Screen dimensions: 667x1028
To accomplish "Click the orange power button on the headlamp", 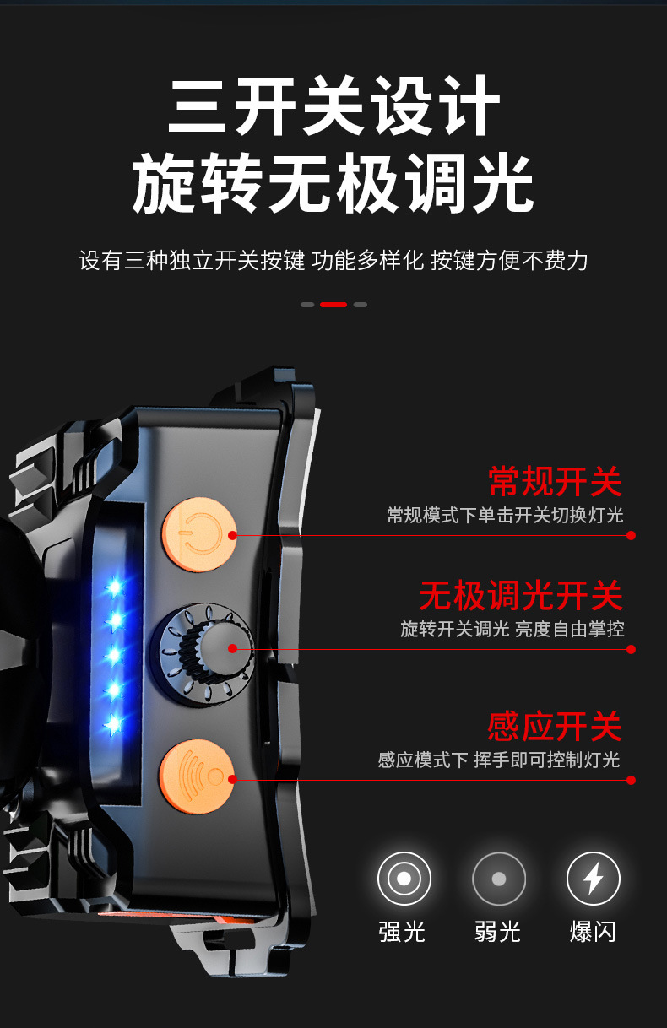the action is point(199,534).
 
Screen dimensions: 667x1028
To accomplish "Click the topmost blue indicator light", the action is point(114,586).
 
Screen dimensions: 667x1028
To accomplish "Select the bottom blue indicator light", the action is point(113,725).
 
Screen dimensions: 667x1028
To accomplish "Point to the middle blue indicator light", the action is point(113,655).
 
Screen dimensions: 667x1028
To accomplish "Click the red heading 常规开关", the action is point(555,481).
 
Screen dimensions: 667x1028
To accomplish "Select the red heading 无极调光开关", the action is point(521,595).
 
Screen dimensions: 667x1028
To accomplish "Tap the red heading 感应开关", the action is point(555,727).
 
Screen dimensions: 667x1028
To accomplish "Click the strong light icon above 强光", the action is point(404,879).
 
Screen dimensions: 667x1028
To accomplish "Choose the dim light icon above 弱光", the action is point(499,879).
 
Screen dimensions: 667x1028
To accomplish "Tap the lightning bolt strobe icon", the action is point(593,879).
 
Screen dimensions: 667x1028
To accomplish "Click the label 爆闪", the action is point(593,932).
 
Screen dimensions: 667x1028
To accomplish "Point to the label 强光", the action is point(402,932).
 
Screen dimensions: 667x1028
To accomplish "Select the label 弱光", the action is point(497,932).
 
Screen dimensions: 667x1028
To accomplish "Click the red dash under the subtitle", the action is point(333,305).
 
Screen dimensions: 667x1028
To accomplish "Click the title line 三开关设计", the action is point(333,106).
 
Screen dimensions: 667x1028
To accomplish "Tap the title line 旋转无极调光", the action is point(333,183).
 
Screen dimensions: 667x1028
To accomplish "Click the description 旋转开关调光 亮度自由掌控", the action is point(512,629).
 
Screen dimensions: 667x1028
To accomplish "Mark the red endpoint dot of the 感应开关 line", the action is point(632,780).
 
